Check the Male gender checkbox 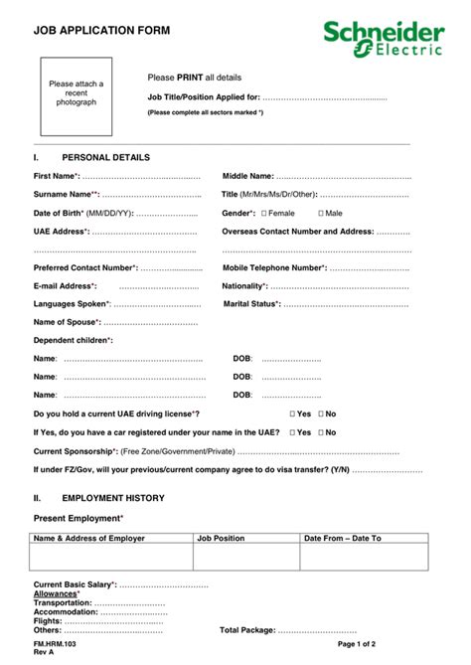[321, 214]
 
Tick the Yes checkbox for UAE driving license [292, 414]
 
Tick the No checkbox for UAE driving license [320, 414]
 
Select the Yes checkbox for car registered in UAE [292, 432]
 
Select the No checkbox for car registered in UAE [320, 432]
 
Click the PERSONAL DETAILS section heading [105, 157]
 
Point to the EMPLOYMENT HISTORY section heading [112, 498]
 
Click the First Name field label [57, 176]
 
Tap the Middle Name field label [248, 176]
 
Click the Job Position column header [221, 538]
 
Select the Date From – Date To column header [342, 538]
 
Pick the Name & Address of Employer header [89, 538]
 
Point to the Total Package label [246, 630]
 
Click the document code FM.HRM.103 [55, 644]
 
